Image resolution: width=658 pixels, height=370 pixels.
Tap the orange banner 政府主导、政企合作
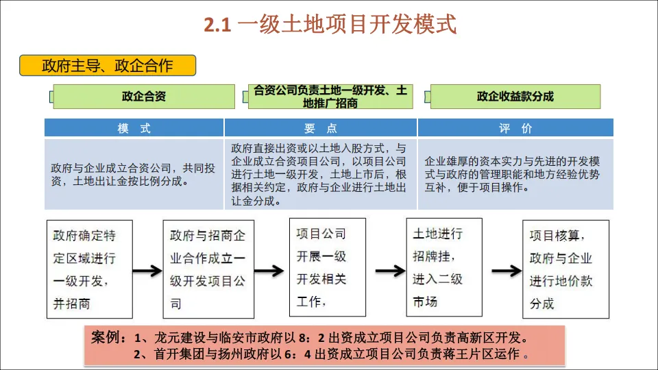click(x=108, y=66)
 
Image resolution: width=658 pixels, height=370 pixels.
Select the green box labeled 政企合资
click(x=144, y=97)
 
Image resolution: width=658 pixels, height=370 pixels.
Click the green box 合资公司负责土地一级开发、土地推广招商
click(x=330, y=97)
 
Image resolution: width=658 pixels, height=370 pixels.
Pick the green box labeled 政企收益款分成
click(x=515, y=97)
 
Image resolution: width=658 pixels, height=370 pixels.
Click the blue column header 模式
click(x=134, y=128)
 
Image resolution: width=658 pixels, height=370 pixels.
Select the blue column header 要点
click(x=321, y=128)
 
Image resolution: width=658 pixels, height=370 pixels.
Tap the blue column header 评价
click(x=515, y=128)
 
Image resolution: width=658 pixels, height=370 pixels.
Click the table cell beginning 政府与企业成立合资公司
click(x=134, y=174)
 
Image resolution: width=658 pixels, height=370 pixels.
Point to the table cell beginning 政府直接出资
click(x=321, y=174)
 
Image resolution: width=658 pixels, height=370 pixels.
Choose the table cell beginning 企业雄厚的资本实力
click(x=515, y=174)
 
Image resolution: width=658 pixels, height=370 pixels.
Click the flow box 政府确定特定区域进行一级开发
click(x=89, y=269)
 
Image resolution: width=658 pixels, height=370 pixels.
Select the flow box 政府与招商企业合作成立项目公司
click(x=207, y=269)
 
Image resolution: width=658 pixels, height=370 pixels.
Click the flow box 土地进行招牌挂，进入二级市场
click(x=443, y=268)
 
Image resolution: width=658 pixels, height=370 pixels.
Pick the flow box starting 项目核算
click(x=565, y=269)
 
